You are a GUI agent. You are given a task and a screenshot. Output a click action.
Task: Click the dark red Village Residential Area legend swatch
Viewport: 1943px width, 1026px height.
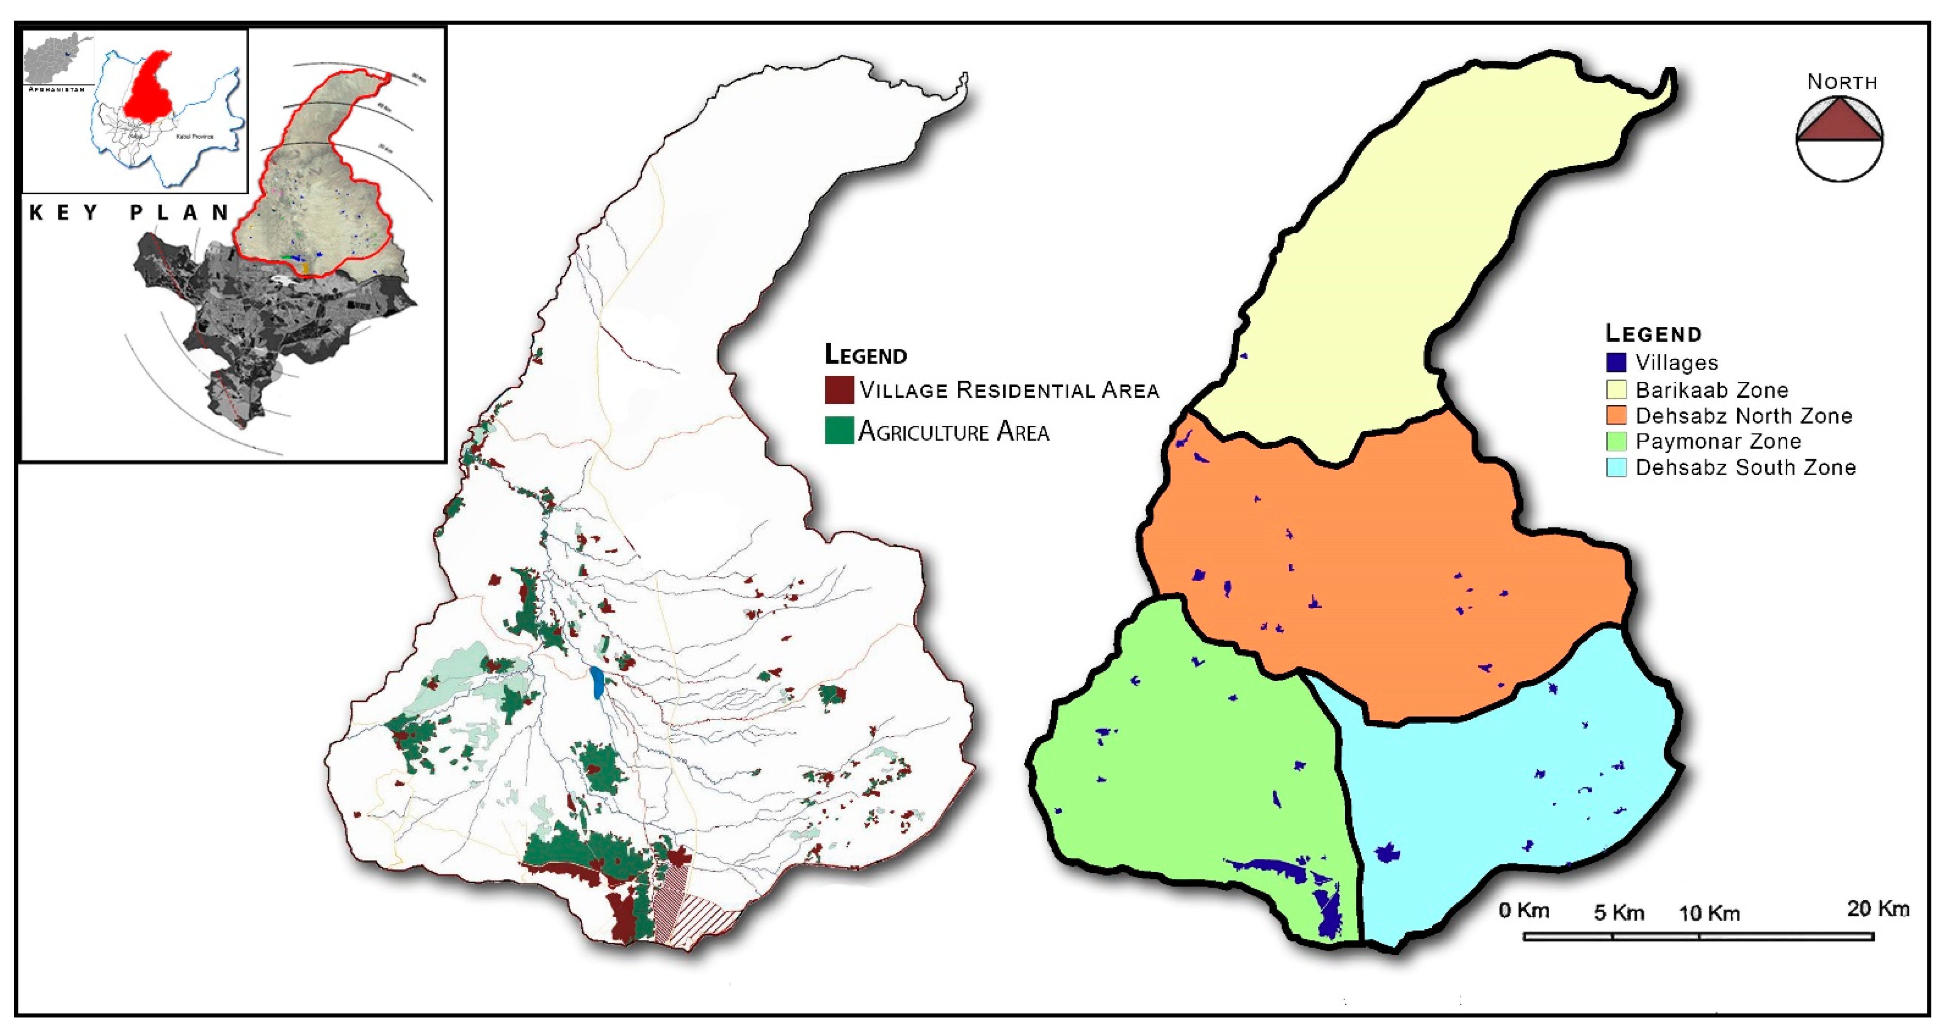[839, 390]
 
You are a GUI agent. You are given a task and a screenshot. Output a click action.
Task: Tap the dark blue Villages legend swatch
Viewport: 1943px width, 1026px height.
[1615, 363]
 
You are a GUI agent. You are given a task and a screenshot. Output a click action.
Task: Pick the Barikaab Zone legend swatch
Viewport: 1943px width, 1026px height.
[1615, 390]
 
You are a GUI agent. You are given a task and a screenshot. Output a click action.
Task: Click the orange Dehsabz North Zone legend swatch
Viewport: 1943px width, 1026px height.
[1615, 416]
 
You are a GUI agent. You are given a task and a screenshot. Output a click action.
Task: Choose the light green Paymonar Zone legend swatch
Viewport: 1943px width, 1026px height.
[1615, 441]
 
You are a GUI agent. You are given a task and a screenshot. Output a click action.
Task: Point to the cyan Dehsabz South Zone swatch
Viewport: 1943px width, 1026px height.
[1615, 468]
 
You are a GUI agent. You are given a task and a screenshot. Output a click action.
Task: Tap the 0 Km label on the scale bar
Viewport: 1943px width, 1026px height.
[1524, 910]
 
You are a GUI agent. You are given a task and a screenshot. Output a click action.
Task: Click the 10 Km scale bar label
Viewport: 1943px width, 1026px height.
[1709, 914]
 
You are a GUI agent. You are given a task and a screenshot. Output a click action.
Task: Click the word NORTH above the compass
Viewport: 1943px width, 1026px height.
[1842, 82]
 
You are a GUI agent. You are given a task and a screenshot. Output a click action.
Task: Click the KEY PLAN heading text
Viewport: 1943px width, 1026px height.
[128, 213]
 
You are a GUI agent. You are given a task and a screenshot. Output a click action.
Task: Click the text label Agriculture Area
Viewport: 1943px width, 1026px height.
[954, 432]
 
